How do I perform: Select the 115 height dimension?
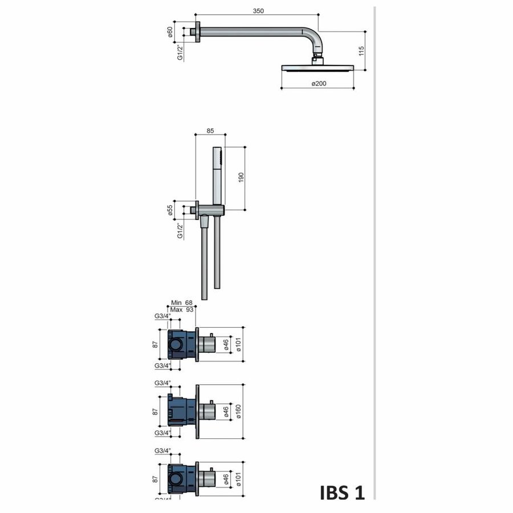(x=360, y=51)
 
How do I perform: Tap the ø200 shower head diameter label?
(x=319, y=84)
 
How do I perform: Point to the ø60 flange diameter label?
(x=170, y=31)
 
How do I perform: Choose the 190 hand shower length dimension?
(x=241, y=178)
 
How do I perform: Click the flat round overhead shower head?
(x=318, y=68)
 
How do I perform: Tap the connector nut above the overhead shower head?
(x=318, y=59)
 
